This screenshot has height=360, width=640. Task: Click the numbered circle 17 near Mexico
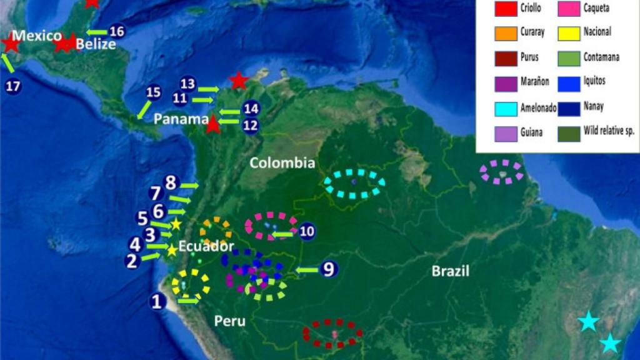13,86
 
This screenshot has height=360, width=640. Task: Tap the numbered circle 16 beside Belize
117,32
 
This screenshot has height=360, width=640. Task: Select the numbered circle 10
306,231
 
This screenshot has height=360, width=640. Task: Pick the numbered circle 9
329,269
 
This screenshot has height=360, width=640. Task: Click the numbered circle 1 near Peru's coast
157,302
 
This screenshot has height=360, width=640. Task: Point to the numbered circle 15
153,92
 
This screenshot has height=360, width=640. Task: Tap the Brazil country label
451,271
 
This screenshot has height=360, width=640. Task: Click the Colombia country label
282,163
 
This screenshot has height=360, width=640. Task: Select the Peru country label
229,321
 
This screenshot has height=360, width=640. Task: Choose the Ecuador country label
206,246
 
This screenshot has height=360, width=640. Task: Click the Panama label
181,119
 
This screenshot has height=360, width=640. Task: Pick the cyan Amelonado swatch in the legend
506,107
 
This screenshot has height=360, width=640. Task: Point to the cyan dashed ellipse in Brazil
354,183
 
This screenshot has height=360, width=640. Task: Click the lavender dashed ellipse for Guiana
501,171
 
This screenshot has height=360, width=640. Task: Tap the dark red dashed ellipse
332,333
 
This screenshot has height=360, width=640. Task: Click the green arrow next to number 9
307,270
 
